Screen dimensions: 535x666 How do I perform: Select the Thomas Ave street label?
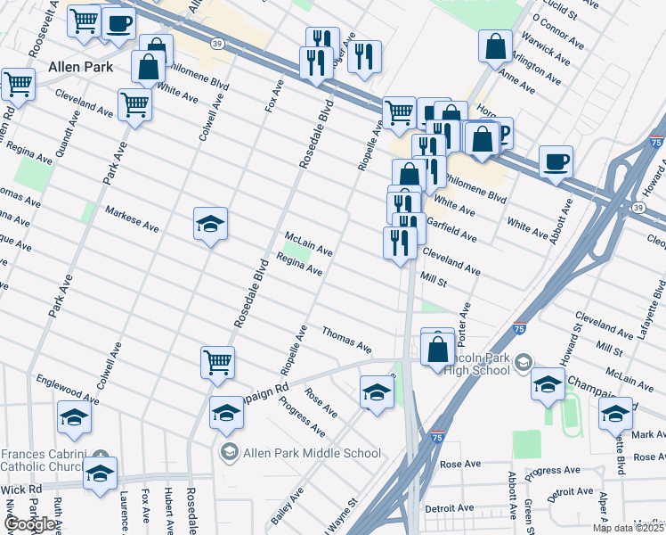(x=346, y=340)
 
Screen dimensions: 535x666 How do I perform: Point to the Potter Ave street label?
(x=462, y=325)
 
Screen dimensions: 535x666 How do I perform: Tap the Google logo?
(x=31, y=524)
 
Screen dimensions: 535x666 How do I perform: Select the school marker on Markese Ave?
(x=211, y=225)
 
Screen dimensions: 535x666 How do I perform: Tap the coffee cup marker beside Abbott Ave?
(x=556, y=162)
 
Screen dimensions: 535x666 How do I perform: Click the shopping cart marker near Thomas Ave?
(x=217, y=362)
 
